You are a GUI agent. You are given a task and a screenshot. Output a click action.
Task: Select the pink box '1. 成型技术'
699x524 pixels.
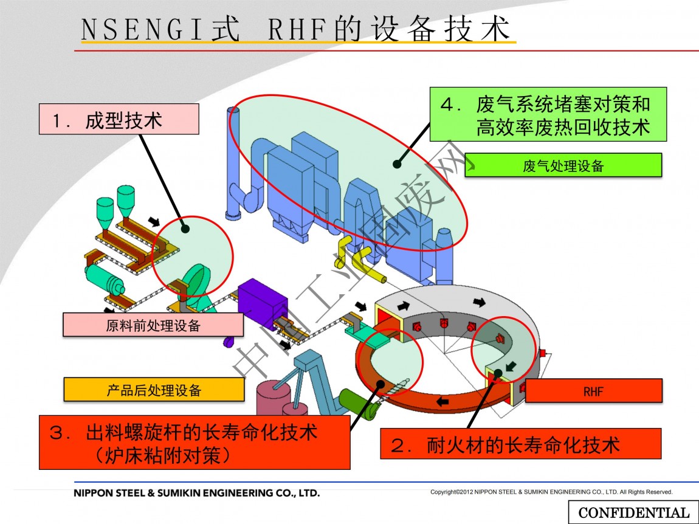pyautogui.click(x=119, y=119)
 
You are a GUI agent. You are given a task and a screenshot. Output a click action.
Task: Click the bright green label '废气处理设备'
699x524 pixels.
pyautogui.click(x=563, y=165)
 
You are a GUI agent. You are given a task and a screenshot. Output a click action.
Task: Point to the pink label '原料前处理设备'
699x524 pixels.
pyautogui.click(x=153, y=325)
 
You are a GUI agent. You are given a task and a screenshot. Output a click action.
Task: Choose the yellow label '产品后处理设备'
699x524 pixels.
pyautogui.click(x=154, y=390)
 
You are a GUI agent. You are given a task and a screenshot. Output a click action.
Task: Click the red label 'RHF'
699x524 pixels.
pyautogui.click(x=593, y=391)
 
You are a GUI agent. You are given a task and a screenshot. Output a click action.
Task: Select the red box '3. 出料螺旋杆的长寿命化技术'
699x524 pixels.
pyautogui.click(x=195, y=442)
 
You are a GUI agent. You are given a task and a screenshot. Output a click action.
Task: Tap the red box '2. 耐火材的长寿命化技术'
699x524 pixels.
pyautogui.click(x=520, y=444)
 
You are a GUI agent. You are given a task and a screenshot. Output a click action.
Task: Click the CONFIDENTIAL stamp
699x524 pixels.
pyautogui.click(x=633, y=512)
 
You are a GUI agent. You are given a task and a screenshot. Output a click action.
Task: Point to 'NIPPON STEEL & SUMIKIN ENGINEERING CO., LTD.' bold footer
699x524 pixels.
pyautogui.click(x=196, y=493)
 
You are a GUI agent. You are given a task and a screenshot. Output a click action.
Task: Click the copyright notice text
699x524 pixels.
pyautogui.click(x=551, y=492)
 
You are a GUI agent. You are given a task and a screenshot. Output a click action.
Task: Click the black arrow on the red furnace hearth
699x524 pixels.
pyautogui.click(x=442, y=401)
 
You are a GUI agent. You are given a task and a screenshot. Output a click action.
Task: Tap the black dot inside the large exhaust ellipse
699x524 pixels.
pyautogui.click(x=396, y=163)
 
